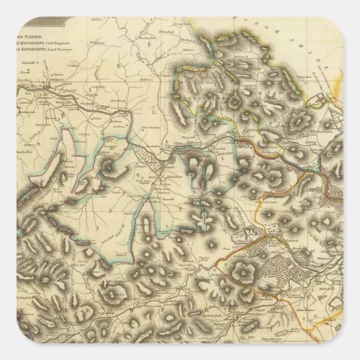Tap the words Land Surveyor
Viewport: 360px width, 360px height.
(76, 49)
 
